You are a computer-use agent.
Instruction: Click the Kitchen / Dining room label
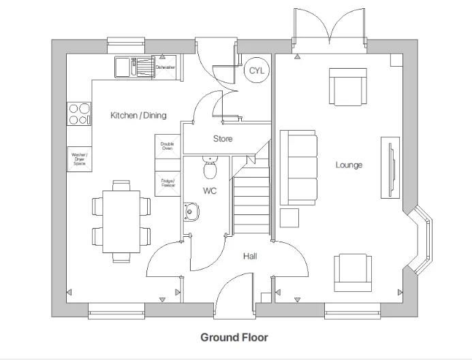[x=138, y=115]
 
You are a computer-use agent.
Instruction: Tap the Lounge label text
[x=348, y=165]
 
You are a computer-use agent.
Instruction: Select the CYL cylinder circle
[x=256, y=71]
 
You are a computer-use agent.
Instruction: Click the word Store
[x=223, y=139]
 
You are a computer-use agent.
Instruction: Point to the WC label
[x=209, y=191]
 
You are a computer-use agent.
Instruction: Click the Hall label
[x=250, y=257]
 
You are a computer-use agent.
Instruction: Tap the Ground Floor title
[x=234, y=338]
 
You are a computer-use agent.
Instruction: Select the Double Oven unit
[x=167, y=146]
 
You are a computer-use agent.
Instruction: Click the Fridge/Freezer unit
[x=168, y=183]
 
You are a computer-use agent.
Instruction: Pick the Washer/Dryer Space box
[x=80, y=159]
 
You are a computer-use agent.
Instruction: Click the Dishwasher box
[x=166, y=67]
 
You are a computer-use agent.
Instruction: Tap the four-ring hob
[x=79, y=114]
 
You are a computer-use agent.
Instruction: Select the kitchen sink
[x=133, y=67]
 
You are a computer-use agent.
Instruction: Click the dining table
[x=121, y=221]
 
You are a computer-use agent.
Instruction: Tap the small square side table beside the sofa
[x=289, y=218]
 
